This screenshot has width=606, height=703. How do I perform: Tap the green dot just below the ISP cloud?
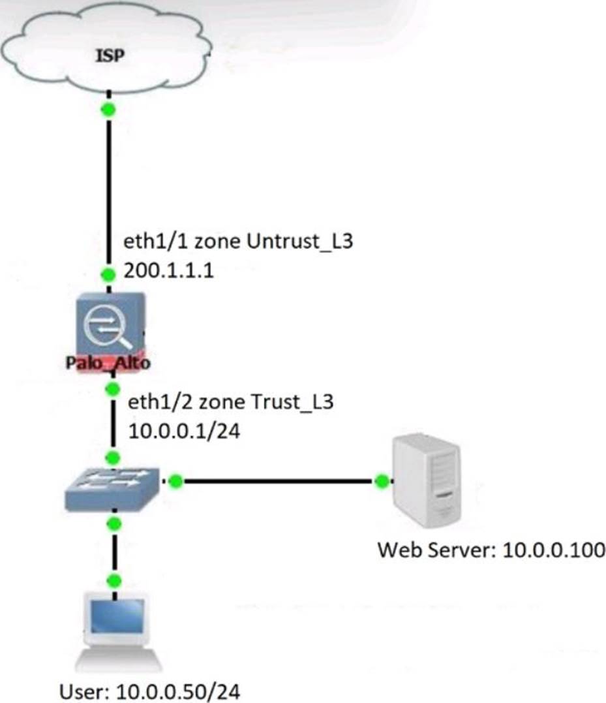click(x=109, y=110)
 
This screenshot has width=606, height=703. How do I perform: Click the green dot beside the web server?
click(x=382, y=482)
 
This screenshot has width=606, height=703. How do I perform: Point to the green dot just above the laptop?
click(x=115, y=580)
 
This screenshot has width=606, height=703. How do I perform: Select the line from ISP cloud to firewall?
click(x=109, y=189)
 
